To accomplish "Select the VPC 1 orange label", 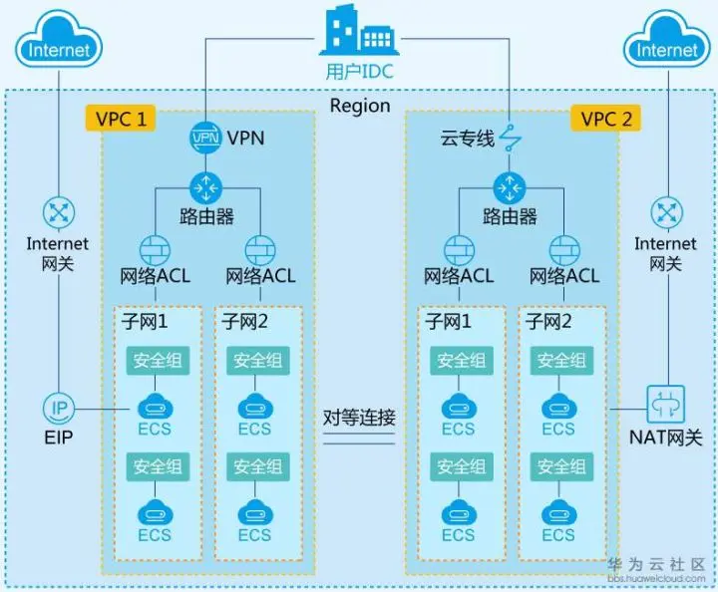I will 121,119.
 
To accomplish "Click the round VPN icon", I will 204,138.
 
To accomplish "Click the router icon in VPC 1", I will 204,185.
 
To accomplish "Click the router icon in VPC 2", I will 509,185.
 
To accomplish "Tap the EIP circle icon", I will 59,408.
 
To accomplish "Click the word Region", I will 360,106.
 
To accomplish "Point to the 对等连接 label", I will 360,418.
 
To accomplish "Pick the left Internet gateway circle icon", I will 59,211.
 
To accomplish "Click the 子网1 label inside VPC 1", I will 144,321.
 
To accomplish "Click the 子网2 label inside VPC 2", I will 548,321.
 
